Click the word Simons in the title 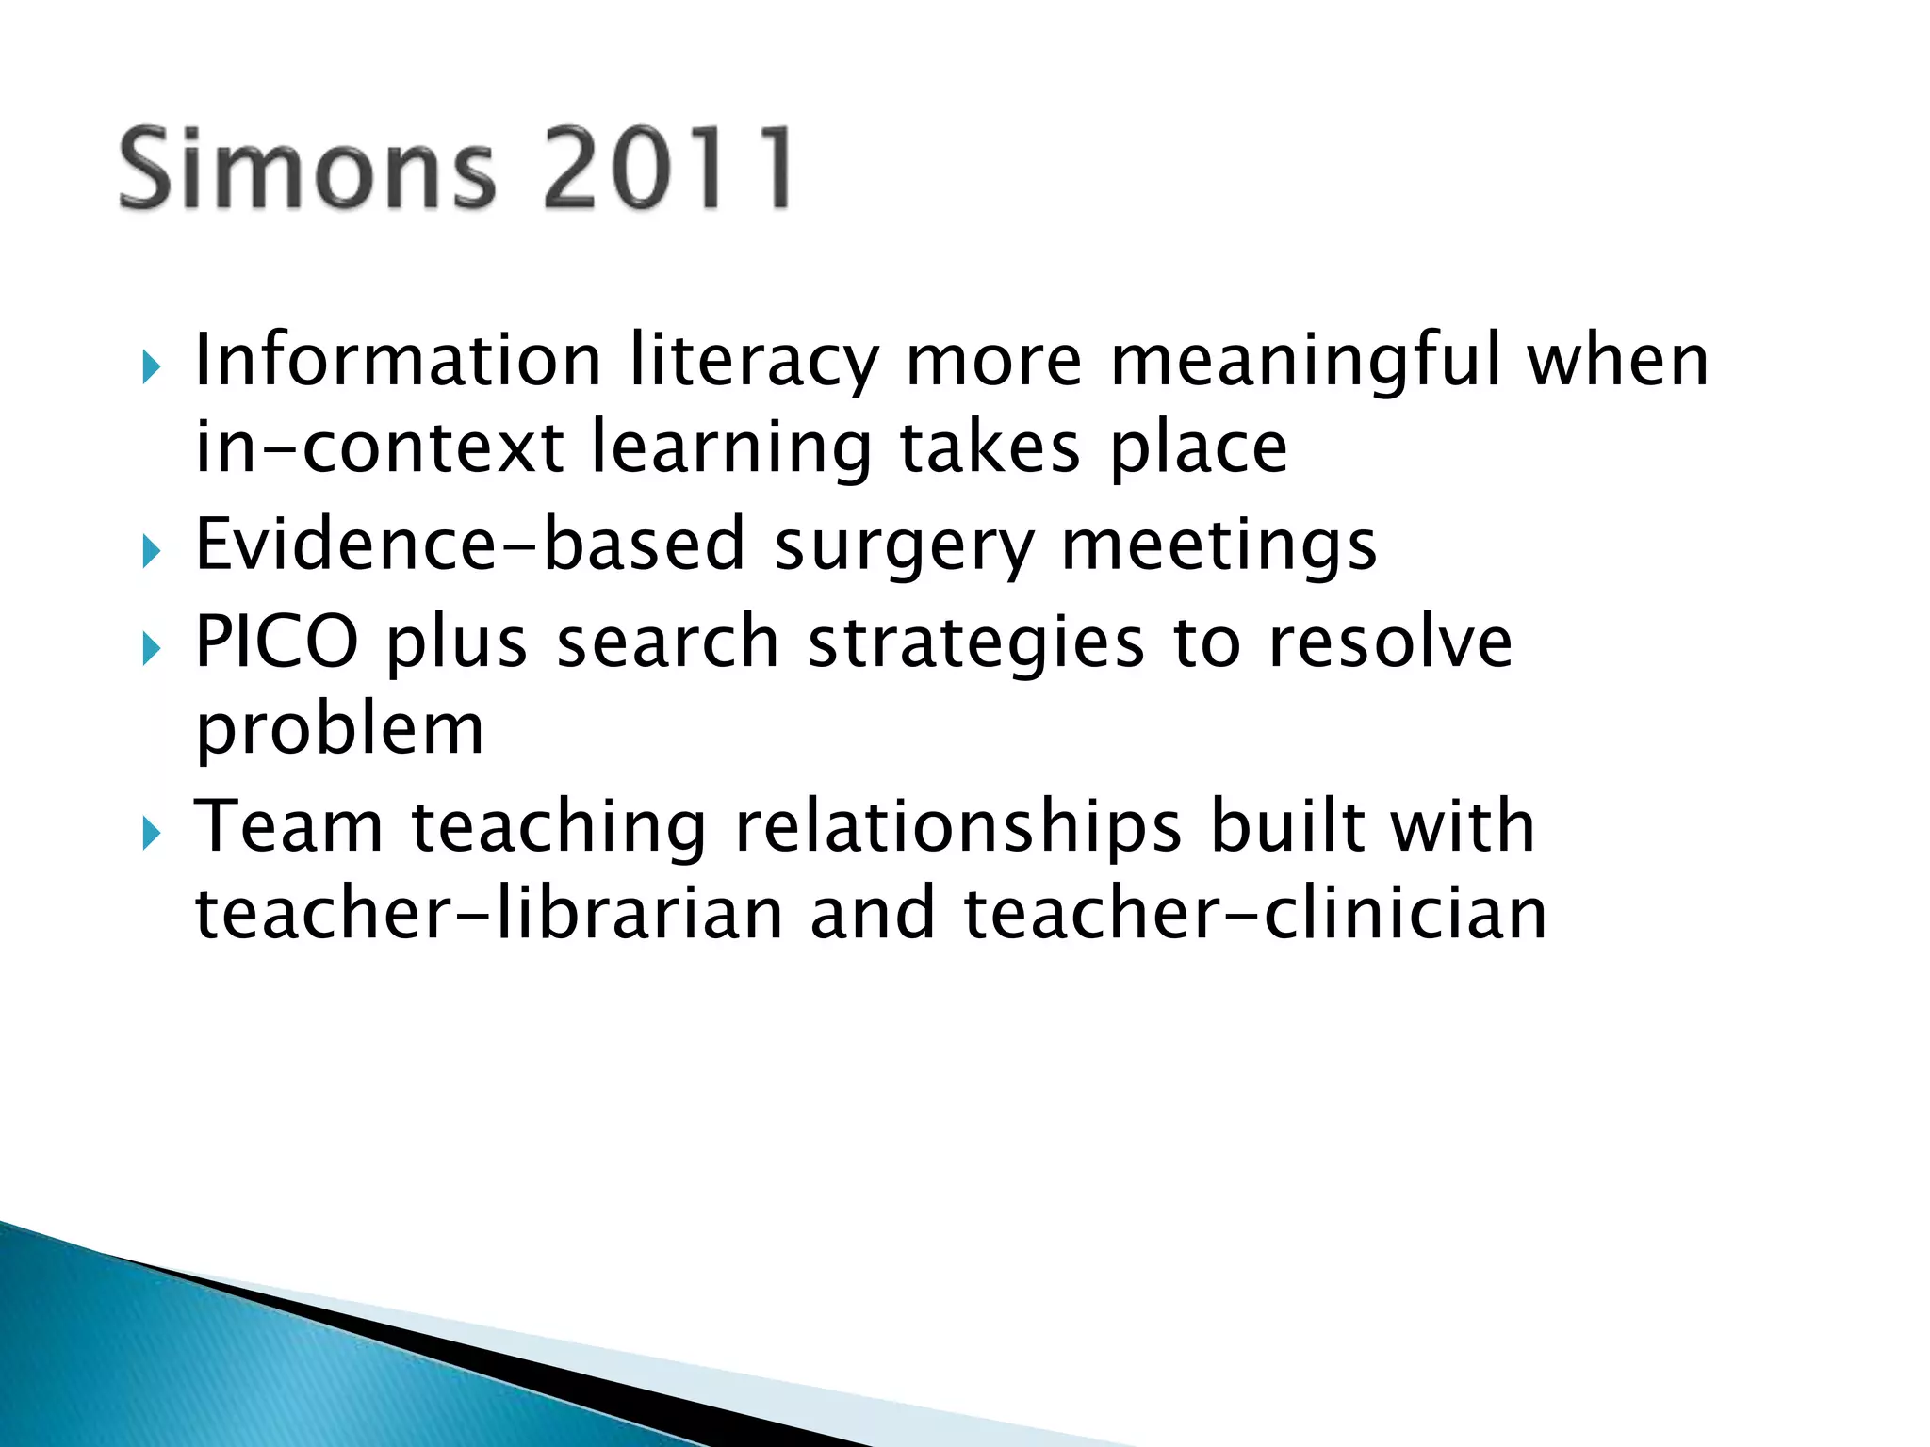pyautogui.click(x=306, y=170)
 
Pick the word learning pyautogui.click(x=731, y=449)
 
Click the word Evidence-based pyautogui.click(x=470, y=545)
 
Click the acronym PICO pyautogui.click(x=277, y=642)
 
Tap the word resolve pyautogui.click(x=1390, y=642)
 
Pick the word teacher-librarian pyautogui.click(x=489, y=914)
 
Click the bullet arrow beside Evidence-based pyautogui.click(x=152, y=552)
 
